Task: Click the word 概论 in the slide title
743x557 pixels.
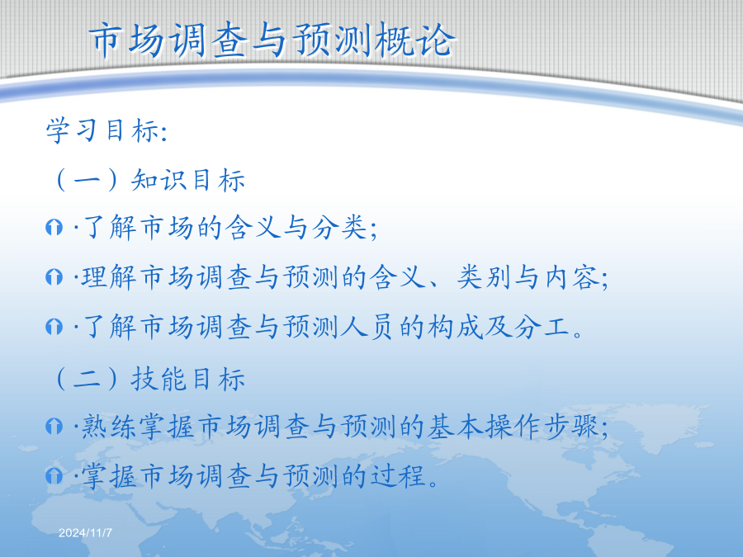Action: pyautogui.click(x=414, y=40)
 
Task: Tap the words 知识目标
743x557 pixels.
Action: pyautogui.click(x=187, y=180)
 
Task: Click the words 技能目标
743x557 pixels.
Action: pyautogui.click(x=187, y=379)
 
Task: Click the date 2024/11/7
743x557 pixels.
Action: pyautogui.click(x=85, y=533)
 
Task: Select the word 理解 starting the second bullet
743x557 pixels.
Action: pyautogui.click(x=109, y=277)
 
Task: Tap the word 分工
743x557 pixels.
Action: pyautogui.click(x=542, y=328)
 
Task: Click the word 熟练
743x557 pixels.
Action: pyautogui.click(x=109, y=427)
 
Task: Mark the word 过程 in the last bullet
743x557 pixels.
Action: pyautogui.click(x=397, y=476)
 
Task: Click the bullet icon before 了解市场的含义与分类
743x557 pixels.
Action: pyautogui.click(x=54, y=228)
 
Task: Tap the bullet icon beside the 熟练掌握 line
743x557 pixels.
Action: pyautogui.click(x=54, y=427)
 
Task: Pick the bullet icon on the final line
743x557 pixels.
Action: pyautogui.click(x=54, y=475)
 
